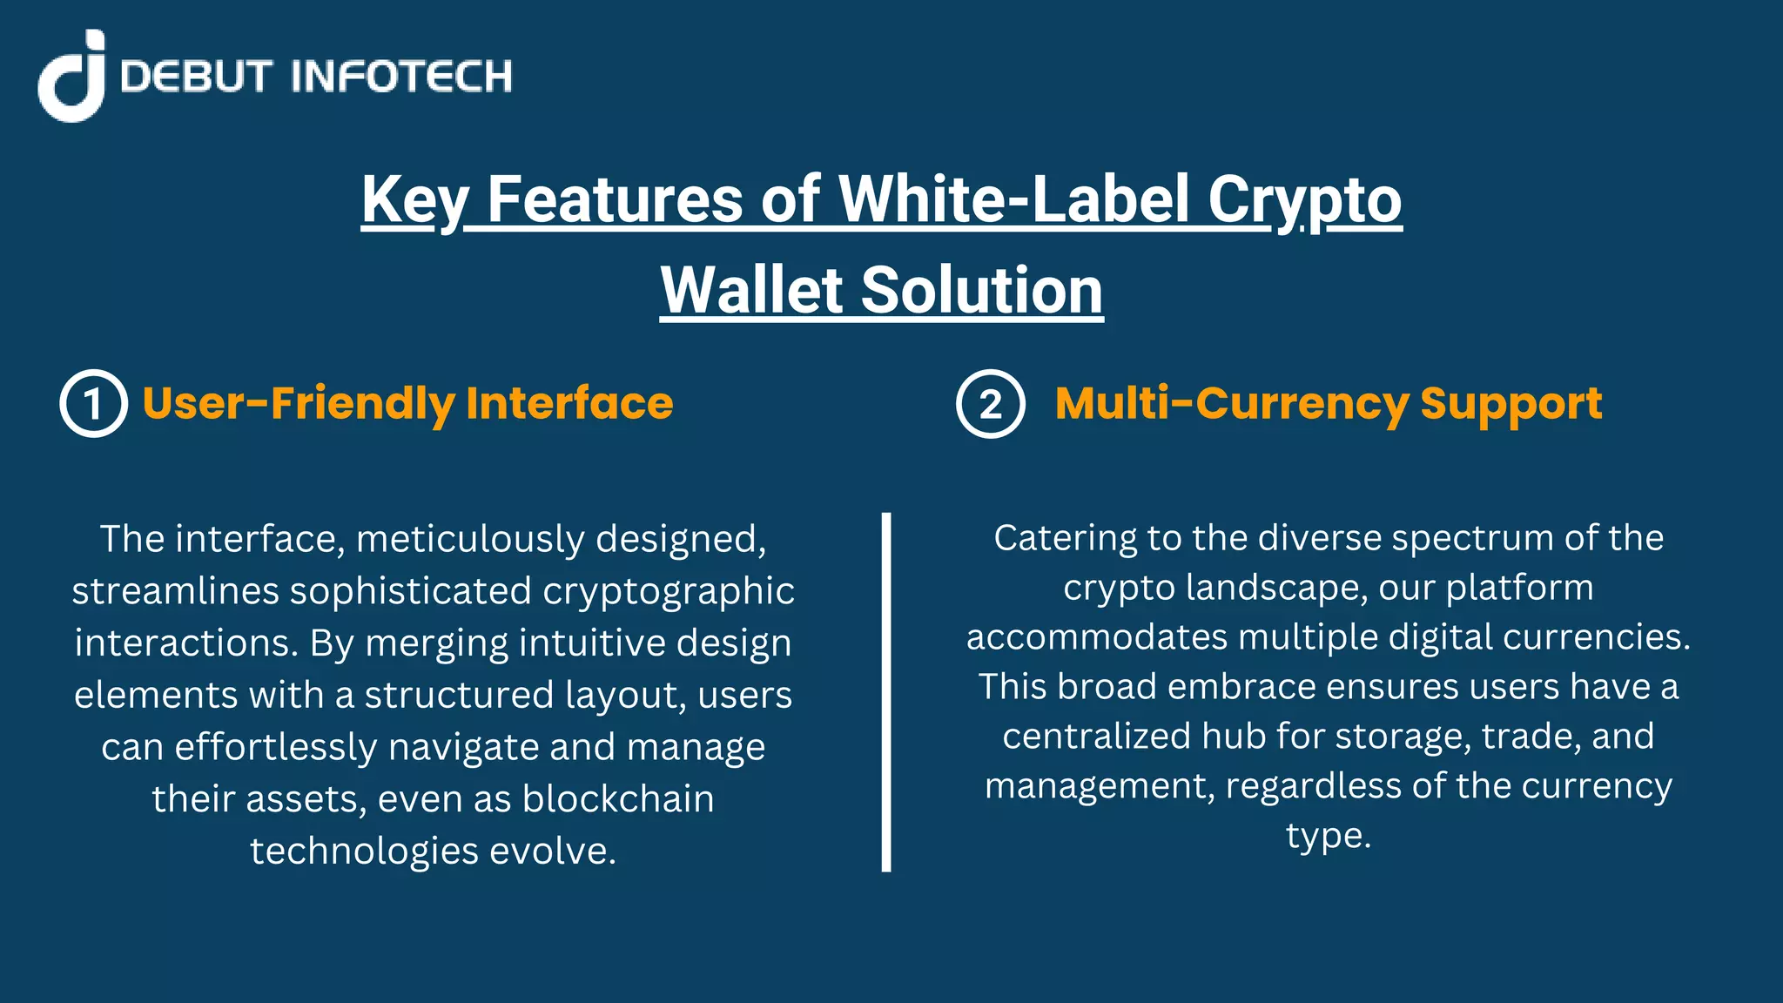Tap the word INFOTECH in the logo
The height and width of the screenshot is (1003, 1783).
pos(401,77)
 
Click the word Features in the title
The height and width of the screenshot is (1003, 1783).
pos(615,200)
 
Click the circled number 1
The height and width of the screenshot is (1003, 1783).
pos(94,404)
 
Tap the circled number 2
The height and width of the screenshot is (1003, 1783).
pos(991,404)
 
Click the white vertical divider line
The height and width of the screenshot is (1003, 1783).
pos(886,692)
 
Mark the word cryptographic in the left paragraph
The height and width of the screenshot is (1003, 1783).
pos(669,591)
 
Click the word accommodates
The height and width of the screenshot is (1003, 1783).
pos(1096,637)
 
